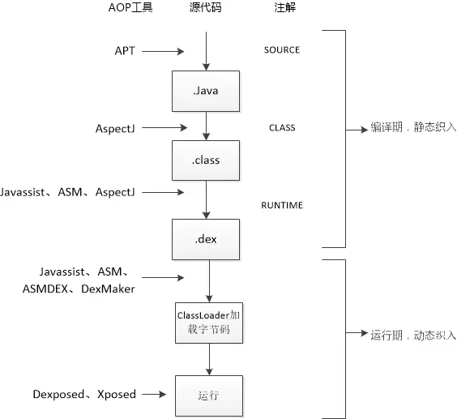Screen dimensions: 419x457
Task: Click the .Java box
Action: pos(207,91)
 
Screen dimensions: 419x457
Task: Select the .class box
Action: pos(207,160)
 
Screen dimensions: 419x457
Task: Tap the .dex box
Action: pos(207,239)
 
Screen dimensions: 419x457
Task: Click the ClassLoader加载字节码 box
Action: pos(208,322)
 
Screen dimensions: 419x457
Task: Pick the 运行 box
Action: pos(208,395)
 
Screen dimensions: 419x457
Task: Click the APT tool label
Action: pos(125,50)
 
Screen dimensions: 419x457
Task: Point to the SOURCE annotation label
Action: pos(281,50)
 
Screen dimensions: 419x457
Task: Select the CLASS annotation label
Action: pos(281,127)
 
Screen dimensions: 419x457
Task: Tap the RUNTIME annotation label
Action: pos(281,205)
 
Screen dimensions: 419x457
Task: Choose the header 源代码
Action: pos(206,8)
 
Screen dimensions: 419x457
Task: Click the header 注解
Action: pos(284,8)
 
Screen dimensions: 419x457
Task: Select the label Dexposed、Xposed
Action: pos(84,394)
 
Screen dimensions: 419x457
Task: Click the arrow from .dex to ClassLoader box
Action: pos(209,280)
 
